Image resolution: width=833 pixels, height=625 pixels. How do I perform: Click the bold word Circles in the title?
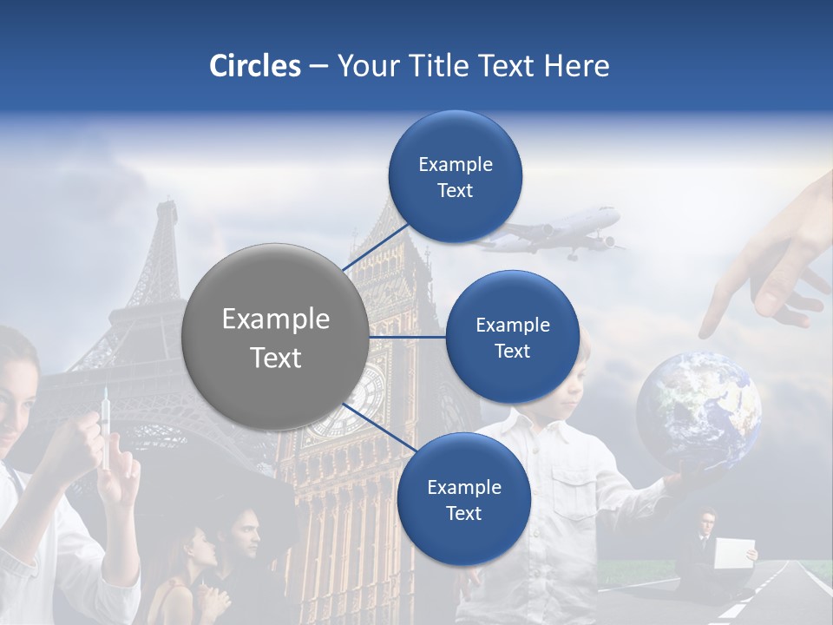point(255,66)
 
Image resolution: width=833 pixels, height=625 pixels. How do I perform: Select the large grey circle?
point(275,337)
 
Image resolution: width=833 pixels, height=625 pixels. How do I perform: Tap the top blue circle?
point(455,177)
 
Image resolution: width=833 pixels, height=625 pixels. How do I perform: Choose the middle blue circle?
point(512,337)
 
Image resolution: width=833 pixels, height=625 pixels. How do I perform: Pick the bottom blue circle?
point(463,499)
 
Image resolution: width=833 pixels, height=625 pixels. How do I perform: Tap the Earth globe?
point(699,409)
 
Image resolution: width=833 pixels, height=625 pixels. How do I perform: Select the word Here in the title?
point(576,66)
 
